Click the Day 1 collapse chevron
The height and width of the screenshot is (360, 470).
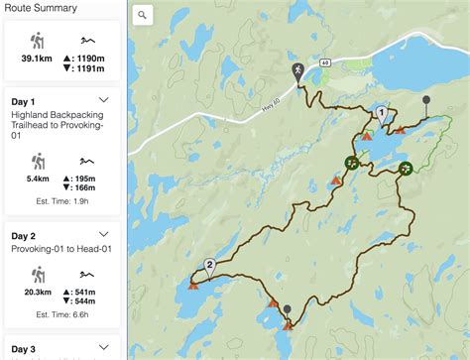tap(104, 100)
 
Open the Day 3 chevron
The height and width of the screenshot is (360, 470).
tap(104, 348)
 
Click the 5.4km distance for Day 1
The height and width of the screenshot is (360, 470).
tap(38, 181)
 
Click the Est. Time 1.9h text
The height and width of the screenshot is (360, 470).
tap(61, 200)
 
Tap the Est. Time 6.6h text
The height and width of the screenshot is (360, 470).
tap(61, 313)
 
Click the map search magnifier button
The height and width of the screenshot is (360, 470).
tap(143, 15)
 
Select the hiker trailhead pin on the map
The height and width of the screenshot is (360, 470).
tap(298, 71)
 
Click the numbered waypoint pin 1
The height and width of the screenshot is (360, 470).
tap(381, 114)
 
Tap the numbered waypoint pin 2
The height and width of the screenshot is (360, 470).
tap(209, 265)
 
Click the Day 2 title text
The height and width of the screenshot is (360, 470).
tap(24, 236)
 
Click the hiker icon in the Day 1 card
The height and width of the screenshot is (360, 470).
tap(38, 161)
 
